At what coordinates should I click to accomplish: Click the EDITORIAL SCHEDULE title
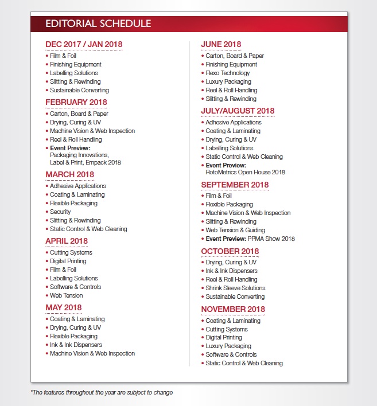tap(98, 24)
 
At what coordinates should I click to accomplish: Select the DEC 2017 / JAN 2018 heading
tap(84, 44)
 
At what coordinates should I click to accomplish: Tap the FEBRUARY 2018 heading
tap(76, 102)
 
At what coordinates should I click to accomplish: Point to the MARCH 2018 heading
tap(69, 174)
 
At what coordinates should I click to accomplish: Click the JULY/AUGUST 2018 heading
tap(238, 111)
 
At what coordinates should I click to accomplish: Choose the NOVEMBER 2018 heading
tap(233, 309)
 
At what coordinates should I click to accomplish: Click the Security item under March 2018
tap(60, 212)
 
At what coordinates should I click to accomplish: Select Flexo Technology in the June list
tap(228, 73)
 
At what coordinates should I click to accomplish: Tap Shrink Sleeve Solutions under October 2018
tap(235, 288)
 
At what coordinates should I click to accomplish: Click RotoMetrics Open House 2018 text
tap(245, 171)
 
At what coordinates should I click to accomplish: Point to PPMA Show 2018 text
tap(271, 239)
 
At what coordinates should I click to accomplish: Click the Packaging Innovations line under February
tap(79, 155)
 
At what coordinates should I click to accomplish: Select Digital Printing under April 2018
tap(68, 261)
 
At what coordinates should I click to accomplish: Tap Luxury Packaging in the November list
tap(228, 346)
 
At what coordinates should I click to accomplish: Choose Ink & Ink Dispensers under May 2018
tap(76, 345)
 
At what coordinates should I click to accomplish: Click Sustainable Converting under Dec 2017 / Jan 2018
tap(79, 90)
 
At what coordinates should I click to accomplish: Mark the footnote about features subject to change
tap(102, 393)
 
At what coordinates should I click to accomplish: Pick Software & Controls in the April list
tap(75, 287)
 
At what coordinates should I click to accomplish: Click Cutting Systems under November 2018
tap(227, 329)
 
